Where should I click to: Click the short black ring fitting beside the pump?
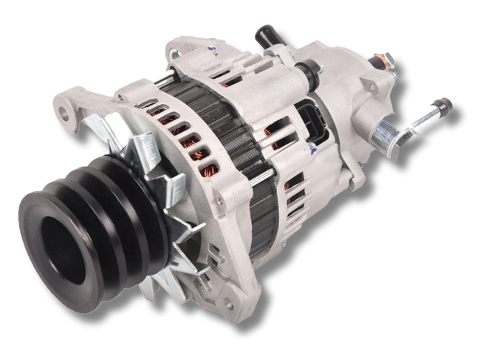(x=309, y=68)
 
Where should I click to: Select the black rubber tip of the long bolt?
(x=445, y=106)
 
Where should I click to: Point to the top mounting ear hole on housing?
(x=174, y=52)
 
